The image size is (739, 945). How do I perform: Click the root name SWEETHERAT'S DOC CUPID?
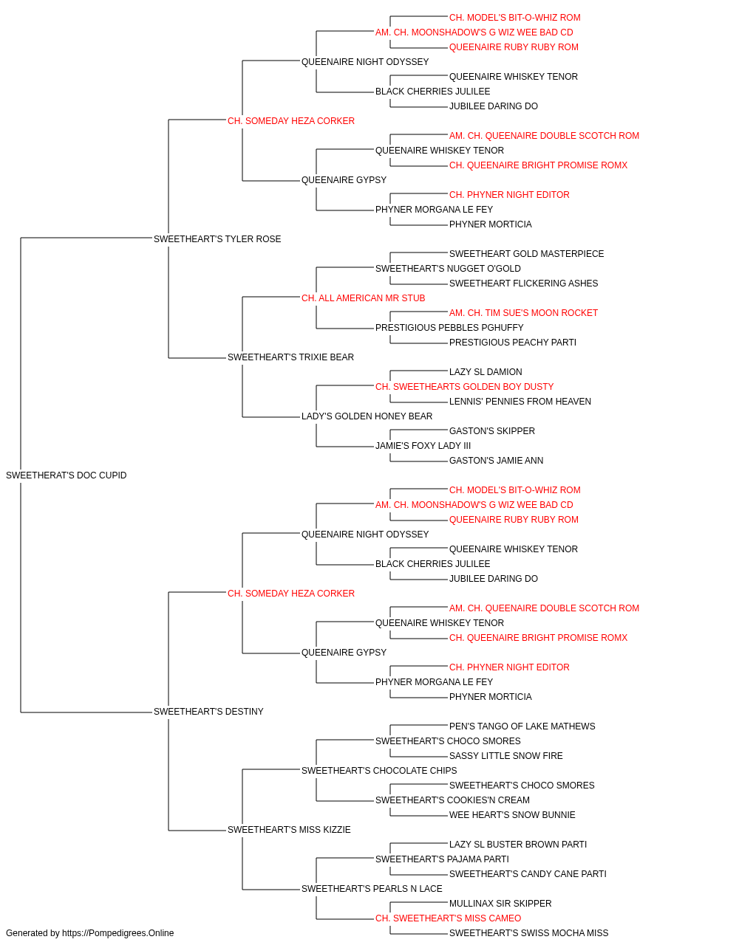point(67,475)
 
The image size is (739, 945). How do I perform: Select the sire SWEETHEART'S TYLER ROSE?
point(217,238)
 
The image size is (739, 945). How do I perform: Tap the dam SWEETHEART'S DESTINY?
point(208,711)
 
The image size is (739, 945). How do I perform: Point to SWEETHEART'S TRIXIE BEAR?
point(290,357)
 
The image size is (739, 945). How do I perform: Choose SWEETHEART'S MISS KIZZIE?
point(289,829)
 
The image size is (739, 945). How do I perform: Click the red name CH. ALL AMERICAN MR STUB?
point(364,298)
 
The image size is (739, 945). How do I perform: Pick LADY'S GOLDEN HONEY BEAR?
point(367,416)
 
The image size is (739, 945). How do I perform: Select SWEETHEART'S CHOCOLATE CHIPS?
point(379,770)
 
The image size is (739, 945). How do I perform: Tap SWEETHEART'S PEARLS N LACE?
point(372,888)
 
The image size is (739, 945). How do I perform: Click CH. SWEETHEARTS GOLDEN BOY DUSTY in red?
point(464,387)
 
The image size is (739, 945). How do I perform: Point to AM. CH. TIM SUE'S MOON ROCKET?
point(523,313)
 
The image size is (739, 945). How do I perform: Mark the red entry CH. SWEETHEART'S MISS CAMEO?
point(449,918)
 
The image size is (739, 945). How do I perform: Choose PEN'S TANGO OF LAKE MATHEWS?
point(522,726)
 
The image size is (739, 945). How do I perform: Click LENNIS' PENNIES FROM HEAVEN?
point(520,402)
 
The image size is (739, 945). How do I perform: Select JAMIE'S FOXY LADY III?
point(423,446)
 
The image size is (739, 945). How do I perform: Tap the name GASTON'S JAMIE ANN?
point(496,461)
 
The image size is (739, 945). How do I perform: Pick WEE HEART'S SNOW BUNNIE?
point(512,814)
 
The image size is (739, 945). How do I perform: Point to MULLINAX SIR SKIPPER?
point(500,903)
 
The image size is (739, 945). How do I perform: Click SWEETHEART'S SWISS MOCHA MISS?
point(529,933)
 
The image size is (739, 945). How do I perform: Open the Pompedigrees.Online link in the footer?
point(118,933)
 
